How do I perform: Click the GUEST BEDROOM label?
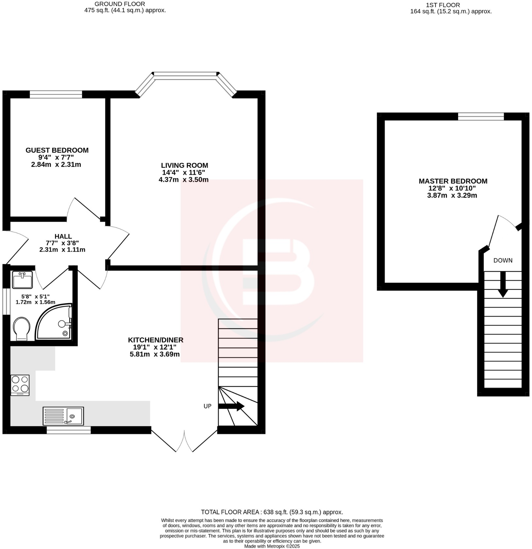(x=57, y=150)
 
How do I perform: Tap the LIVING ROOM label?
(x=184, y=165)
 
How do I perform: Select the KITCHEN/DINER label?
(x=156, y=340)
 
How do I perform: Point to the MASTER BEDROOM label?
(x=453, y=181)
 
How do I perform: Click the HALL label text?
(x=63, y=236)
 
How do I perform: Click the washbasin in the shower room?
(x=22, y=280)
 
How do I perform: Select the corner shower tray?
(x=54, y=322)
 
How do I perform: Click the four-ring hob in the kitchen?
(x=20, y=385)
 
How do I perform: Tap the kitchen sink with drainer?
(x=63, y=416)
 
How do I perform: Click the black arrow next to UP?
(x=231, y=406)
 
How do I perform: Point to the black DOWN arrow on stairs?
(x=503, y=284)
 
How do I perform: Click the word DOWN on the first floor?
(x=503, y=261)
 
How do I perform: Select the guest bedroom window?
(x=56, y=94)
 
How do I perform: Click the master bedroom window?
(x=481, y=116)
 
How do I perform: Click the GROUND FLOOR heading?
(x=120, y=4)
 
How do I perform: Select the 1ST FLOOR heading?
(x=443, y=5)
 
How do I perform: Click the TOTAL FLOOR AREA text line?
(x=272, y=512)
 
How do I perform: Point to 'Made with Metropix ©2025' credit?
(x=272, y=546)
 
